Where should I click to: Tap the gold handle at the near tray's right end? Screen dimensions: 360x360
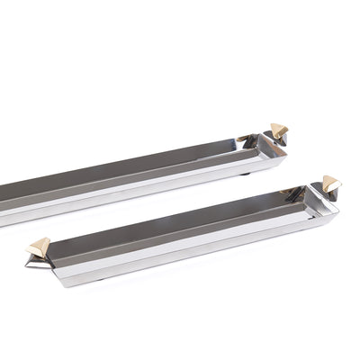(x=331, y=184)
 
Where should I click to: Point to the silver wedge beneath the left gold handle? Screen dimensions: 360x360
(x=33, y=263)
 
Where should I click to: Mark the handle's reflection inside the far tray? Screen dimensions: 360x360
(x=245, y=140)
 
